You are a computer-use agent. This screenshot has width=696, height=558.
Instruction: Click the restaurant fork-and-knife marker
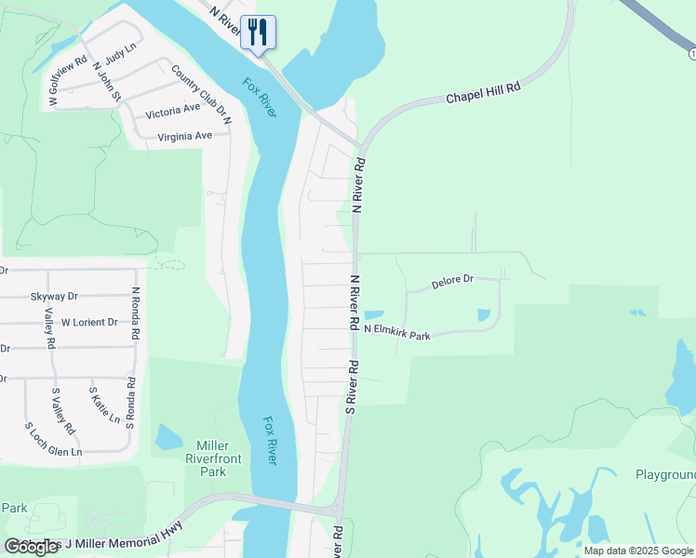coord(256,32)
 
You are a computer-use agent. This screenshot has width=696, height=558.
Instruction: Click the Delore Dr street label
coord(453,279)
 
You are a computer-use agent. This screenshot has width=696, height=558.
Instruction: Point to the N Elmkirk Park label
coord(397,332)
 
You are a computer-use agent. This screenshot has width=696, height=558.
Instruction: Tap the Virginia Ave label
coord(185,136)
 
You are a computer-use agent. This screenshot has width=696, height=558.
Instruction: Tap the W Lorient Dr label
coord(89,323)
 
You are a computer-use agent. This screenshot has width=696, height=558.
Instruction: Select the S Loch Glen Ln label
coord(53,439)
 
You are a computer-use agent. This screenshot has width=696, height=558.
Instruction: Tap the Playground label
coord(664,474)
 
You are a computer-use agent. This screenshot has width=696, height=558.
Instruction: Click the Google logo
coord(32,547)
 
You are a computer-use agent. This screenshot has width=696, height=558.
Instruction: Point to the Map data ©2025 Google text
coord(638,551)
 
